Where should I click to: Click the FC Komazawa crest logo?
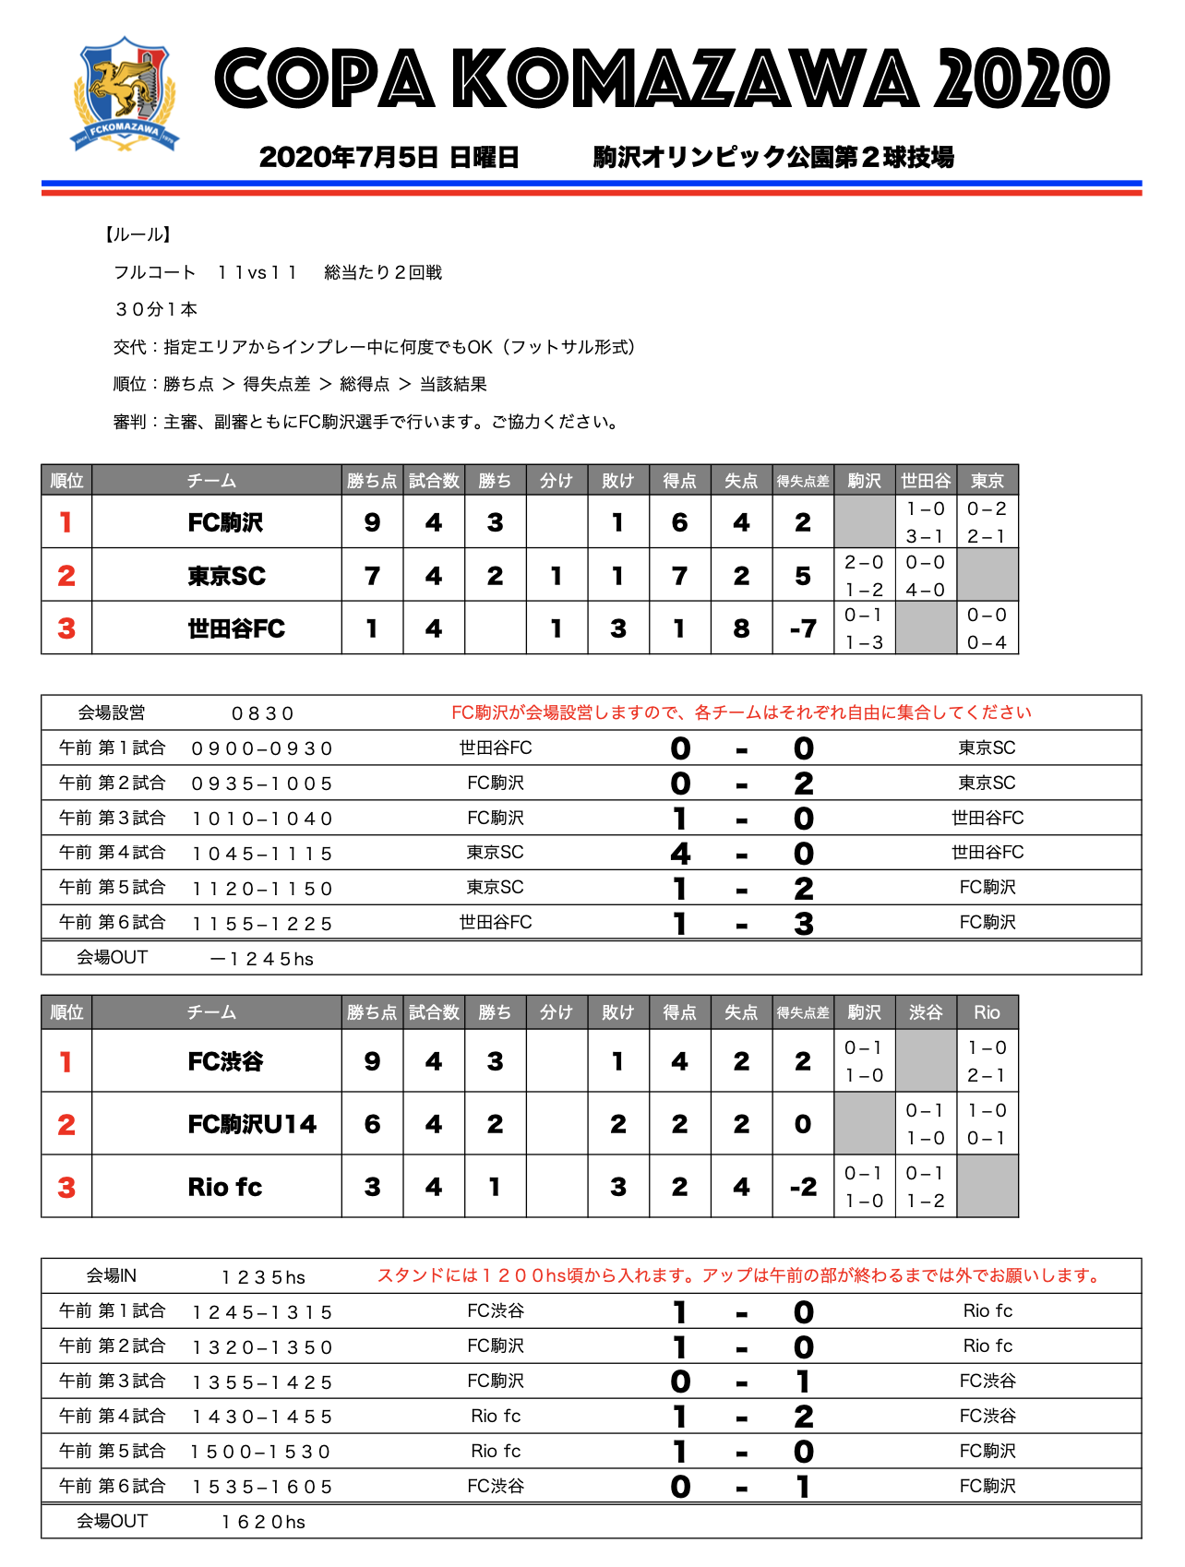coord(125,94)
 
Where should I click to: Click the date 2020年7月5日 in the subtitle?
coord(348,157)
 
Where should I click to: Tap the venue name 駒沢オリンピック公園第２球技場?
coord(773,157)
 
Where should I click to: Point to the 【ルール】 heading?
coord(137,234)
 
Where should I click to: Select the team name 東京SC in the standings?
coord(226,576)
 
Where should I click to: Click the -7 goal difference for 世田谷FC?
coord(803,629)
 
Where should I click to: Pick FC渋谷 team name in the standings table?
coord(225,1061)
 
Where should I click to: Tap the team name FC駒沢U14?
coord(251,1124)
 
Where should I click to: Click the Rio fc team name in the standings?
coord(224,1187)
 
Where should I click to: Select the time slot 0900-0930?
coord(262,748)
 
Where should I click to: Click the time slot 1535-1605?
coord(262,1487)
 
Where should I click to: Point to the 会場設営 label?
coord(112,712)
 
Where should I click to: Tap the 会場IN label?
coord(112,1275)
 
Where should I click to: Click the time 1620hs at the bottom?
coord(263,1522)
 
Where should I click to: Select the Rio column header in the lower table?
coord(987,1012)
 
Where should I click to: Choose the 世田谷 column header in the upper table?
coord(926,481)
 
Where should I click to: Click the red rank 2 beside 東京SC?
coord(66,576)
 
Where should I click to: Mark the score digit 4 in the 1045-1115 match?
coord(680,854)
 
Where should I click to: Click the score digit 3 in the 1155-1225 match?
coord(804,924)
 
